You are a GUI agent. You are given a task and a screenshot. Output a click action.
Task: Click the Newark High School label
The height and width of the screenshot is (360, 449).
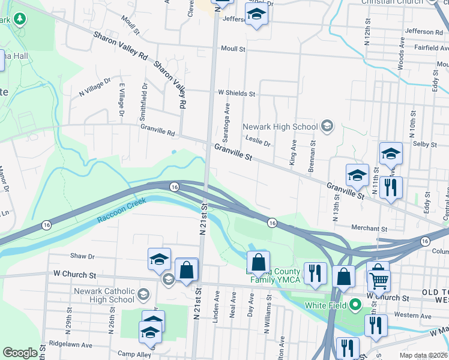click(280, 127)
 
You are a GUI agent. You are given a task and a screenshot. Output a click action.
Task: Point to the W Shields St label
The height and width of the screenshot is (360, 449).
click(237, 94)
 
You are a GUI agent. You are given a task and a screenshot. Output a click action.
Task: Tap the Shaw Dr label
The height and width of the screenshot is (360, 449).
click(83, 256)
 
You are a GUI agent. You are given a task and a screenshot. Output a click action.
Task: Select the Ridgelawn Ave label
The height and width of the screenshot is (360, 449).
click(71, 345)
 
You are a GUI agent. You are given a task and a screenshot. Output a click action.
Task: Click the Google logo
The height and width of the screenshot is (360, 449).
click(20, 353)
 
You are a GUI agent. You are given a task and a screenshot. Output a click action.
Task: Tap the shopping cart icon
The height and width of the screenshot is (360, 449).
click(379, 280)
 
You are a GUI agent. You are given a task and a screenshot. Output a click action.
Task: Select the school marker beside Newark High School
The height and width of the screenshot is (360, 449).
click(327, 126)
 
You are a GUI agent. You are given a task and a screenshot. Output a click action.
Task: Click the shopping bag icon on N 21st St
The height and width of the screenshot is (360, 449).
click(187, 271)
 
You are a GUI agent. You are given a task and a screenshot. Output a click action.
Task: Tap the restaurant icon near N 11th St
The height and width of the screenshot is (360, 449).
click(391, 187)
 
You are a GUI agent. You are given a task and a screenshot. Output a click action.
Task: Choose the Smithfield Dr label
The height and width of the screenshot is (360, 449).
click(145, 100)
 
